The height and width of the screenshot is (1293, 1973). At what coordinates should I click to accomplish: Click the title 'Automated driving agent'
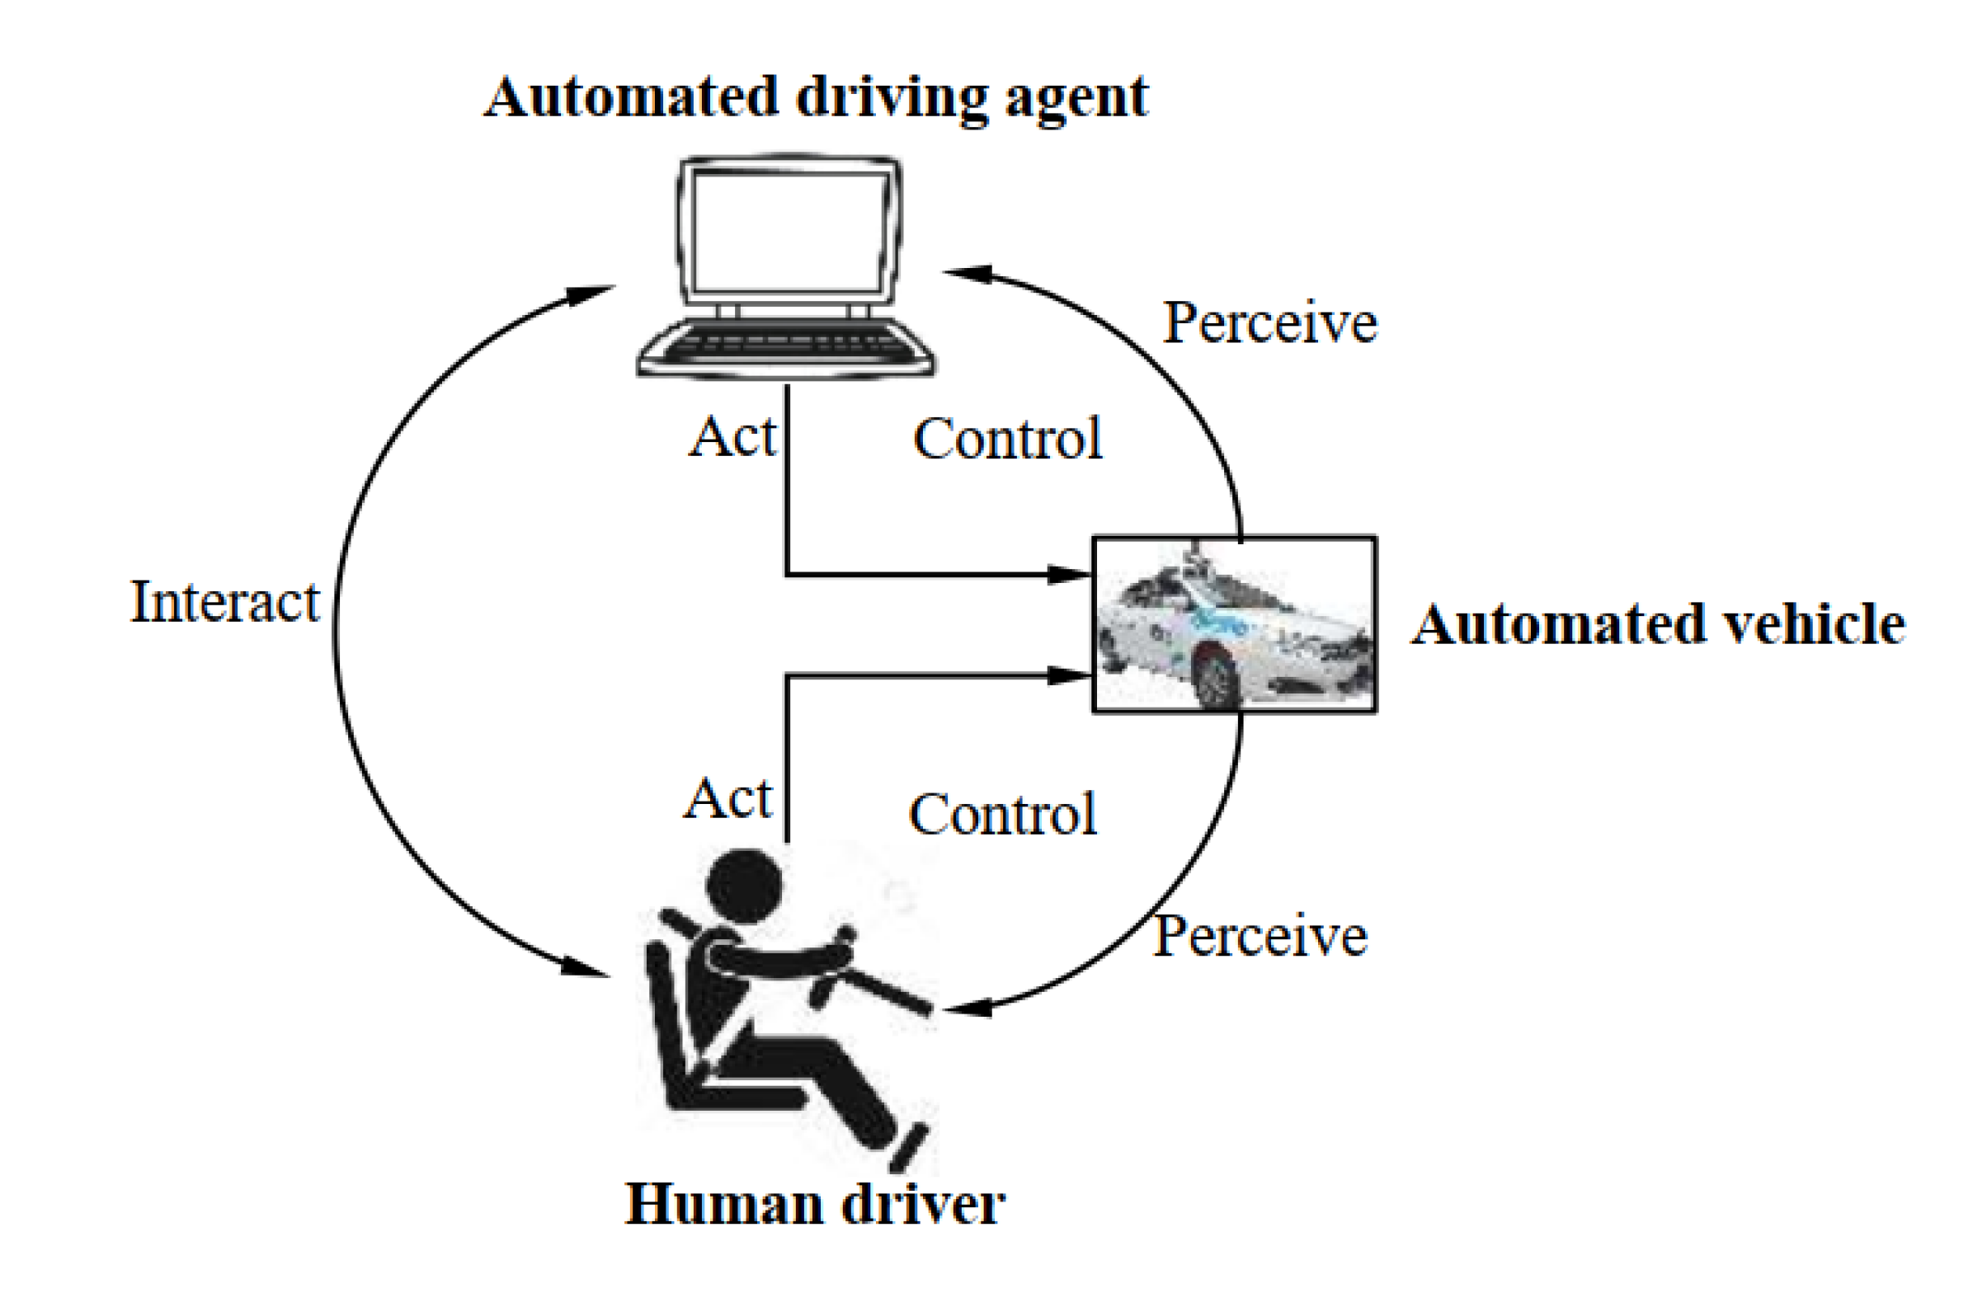(816, 98)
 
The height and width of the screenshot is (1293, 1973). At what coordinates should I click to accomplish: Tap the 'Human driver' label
(815, 1203)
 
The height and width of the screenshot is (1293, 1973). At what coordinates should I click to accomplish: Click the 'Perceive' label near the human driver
(1260, 936)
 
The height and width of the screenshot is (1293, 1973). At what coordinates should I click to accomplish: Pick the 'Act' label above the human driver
(728, 798)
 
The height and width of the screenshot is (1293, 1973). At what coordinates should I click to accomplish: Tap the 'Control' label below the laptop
(1007, 439)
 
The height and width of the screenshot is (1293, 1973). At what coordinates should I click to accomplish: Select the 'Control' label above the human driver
(1003, 814)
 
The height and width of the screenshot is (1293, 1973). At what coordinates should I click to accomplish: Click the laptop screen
(789, 232)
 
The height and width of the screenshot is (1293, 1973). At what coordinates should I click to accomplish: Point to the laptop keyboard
(786, 346)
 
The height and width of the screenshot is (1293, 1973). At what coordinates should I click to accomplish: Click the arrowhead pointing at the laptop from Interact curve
(591, 294)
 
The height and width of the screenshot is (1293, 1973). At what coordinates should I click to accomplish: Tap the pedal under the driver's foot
(909, 1147)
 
